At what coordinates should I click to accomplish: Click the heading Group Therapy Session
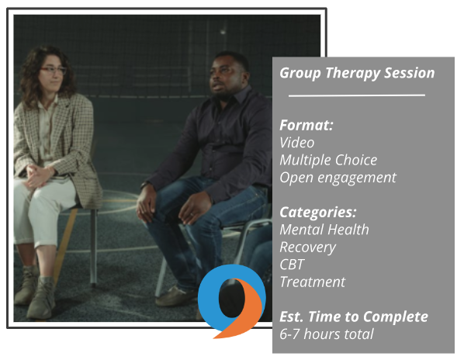point(357,73)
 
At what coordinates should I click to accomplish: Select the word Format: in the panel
point(306,125)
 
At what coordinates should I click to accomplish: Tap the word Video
point(297,143)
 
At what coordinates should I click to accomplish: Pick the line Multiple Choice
point(328,160)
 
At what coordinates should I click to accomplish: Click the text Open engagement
point(338,178)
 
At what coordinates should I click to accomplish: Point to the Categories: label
point(318,213)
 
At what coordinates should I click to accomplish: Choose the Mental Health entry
point(324,230)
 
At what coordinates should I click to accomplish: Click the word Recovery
point(308,247)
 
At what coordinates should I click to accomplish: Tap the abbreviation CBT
point(292,265)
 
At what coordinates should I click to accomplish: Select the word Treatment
point(313,282)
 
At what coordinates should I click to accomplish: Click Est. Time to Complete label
point(354,317)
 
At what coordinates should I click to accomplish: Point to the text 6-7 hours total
point(327,334)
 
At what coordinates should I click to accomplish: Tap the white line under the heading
point(357,95)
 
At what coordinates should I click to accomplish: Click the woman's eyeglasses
point(54,70)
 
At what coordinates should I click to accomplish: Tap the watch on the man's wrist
point(144,185)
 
